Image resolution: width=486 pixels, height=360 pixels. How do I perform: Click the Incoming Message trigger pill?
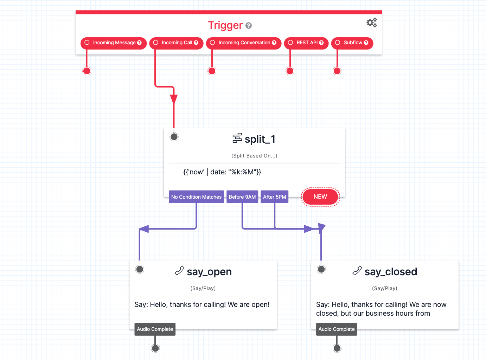tap(113, 43)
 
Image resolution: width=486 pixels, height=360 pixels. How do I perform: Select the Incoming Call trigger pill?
tap(176, 43)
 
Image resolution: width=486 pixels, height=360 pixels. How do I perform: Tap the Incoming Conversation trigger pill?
tap(243, 43)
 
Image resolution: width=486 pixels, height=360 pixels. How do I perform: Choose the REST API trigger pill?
tap(306, 43)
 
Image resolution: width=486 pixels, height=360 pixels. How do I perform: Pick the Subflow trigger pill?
tap(352, 43)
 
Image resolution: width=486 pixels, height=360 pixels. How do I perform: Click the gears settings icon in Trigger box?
tap(371, 23)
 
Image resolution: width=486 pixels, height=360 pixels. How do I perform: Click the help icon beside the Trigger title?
tap(249, 26)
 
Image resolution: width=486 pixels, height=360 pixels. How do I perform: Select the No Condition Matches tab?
tap(196, 197)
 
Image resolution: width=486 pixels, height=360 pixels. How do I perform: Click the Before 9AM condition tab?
tap(242, 197)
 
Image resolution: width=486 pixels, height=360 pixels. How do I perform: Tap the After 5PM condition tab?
tap(274, 197)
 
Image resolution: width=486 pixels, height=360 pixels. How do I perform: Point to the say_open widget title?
tap(209, 272)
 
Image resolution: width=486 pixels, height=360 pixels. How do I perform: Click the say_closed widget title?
tap(390, 272)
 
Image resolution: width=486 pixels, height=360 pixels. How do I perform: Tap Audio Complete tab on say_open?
tap(155, 329)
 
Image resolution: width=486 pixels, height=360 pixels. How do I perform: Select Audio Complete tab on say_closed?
tap(337, 329)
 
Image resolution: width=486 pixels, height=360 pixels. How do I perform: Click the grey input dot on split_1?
tap(174, 137)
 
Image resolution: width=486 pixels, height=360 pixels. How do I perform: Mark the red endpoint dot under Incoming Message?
tap(87, 71)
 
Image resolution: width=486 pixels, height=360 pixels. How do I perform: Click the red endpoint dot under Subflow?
tap(337, 71)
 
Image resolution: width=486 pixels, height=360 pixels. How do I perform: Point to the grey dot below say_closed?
tap(337, 348)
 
